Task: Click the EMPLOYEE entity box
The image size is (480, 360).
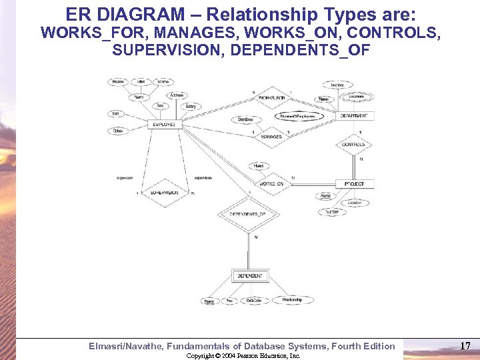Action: click(x=163, y=125)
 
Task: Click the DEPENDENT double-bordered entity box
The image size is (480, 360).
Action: click(x=249, y=275)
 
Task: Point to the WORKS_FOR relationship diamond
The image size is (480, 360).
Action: click(x=271, y=98)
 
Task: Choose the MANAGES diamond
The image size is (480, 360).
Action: click(x=271, y=137)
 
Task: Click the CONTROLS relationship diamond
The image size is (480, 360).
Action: click(x=353, y=145)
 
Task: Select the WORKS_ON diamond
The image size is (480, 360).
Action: click(x=271, y=183)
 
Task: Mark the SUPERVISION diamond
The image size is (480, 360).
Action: click(x=163, y=193)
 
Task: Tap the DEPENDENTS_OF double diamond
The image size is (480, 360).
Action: click(x=247, y=215)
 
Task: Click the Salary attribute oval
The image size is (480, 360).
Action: click(x=191, y=107)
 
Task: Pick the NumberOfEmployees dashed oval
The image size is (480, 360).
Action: click(x=298, y=116)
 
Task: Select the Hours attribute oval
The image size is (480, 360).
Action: click(x=259, y=165)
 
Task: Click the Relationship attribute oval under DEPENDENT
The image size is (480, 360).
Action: click(x=291, y=300)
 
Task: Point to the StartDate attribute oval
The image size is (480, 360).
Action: click(x=245, y=119)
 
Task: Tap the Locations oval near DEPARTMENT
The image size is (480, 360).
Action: click(x=357, y=96)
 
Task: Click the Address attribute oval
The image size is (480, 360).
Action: click(x=177, y=95)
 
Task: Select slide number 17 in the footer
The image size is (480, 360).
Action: click(x=465, y=345)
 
